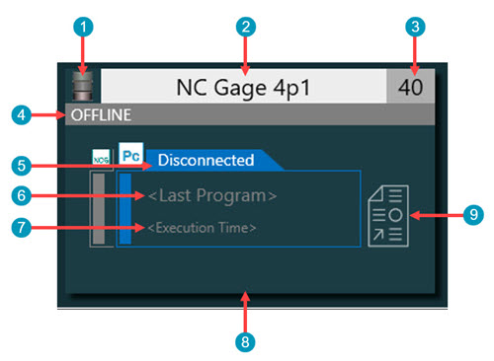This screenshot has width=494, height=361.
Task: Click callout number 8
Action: [x=247, y=340]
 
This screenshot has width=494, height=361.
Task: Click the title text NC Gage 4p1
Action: [x=242, y=86]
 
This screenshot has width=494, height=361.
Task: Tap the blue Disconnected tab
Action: [x=206, y=159]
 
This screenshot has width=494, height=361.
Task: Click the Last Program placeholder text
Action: [x=212, y=195]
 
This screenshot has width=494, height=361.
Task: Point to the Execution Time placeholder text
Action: [x=203, y=228]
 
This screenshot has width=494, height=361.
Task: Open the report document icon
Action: [x=388, y=213]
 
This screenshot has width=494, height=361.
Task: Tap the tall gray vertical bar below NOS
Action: [x=100, y=209]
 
